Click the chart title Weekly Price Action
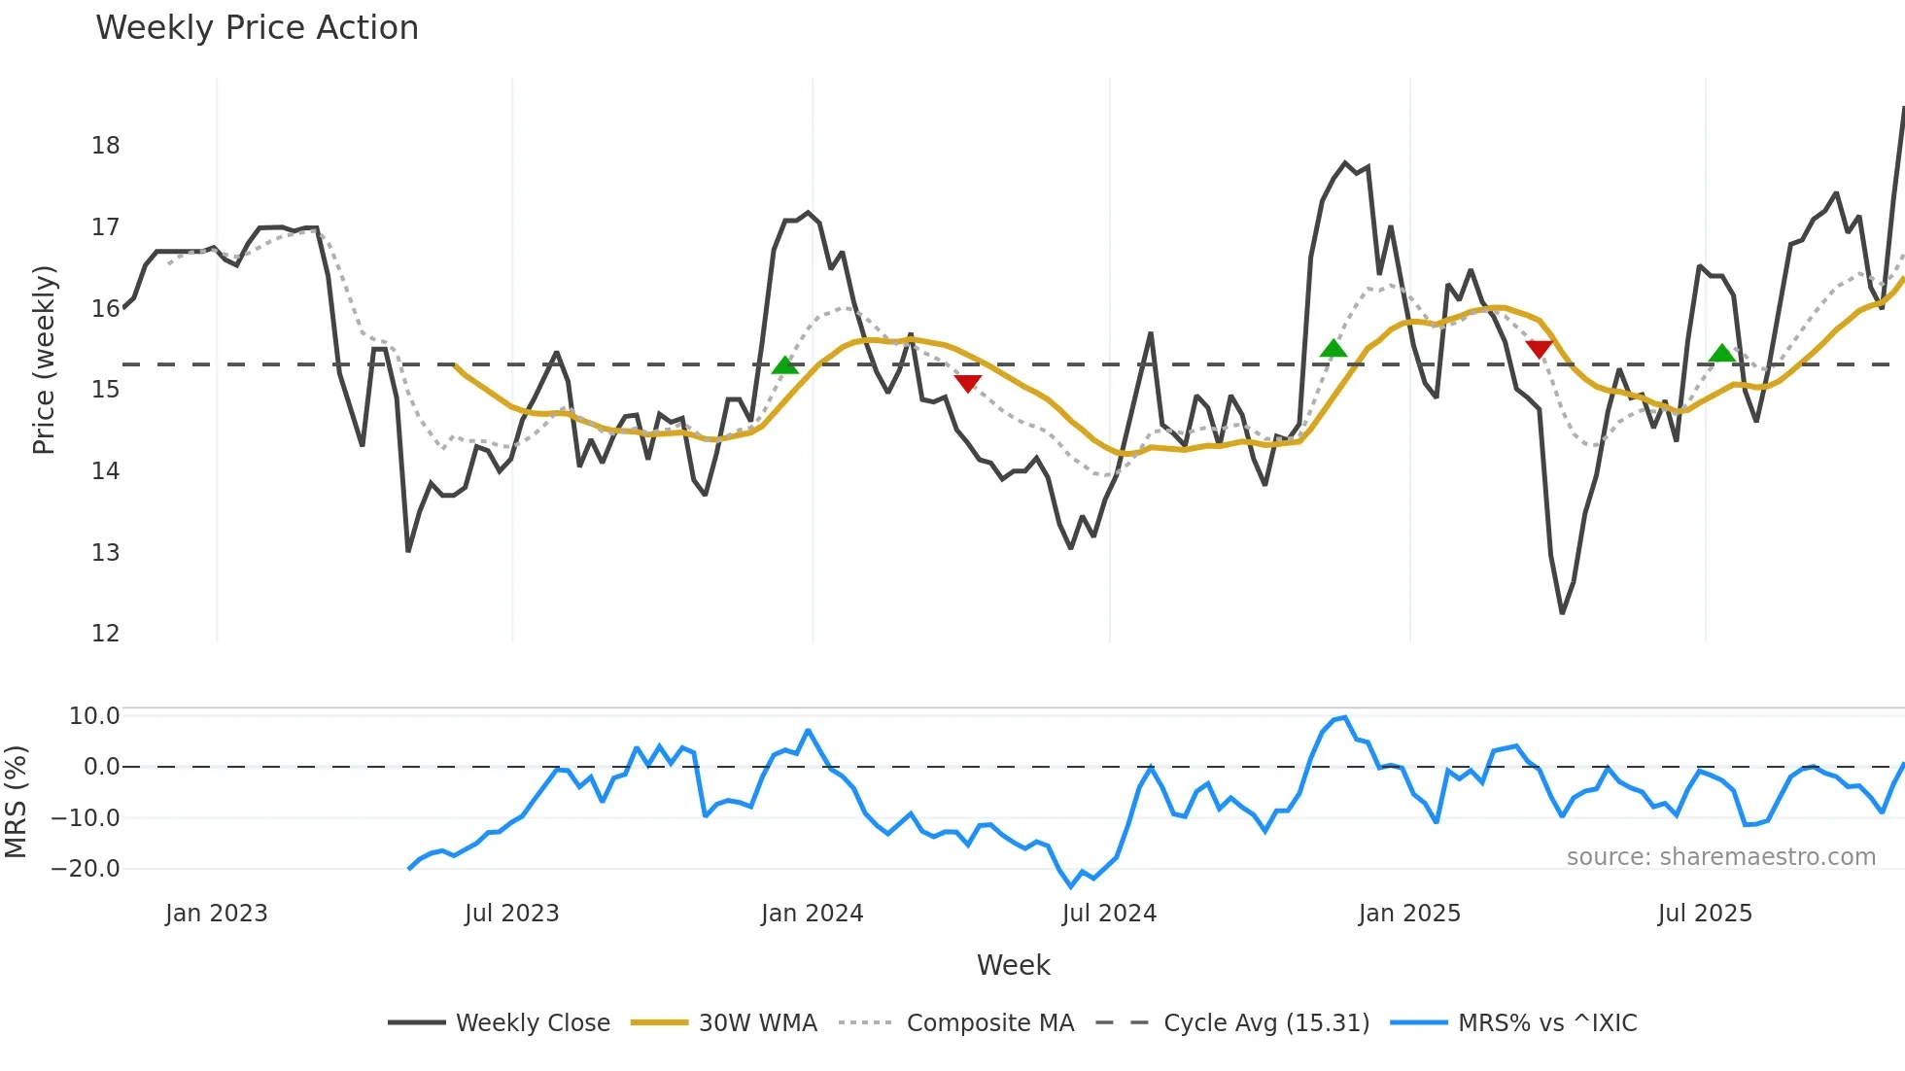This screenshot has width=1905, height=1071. [257, 28]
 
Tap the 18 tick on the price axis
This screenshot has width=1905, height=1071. [105, 146]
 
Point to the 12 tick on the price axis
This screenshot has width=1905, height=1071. [105, 634]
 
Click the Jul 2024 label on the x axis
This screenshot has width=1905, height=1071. [1109, 914]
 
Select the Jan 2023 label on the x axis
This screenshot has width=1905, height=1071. [216, 914]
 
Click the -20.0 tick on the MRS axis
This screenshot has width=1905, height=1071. [86, 869]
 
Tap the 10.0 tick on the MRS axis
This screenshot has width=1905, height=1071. [93, 716]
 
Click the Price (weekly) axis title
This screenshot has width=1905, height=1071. [44, 360]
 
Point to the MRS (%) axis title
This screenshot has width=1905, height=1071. [16, 802]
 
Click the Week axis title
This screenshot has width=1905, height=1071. [1013, 965]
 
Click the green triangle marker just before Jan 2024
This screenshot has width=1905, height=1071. [784, 365]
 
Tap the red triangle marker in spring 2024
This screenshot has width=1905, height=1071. [967, 383]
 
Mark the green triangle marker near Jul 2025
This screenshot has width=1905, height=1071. [1721, 354]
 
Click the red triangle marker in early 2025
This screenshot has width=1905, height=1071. [1539, 349]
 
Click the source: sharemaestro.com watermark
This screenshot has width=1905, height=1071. [1720, 857]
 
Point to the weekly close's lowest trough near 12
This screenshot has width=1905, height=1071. [1562, 612]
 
